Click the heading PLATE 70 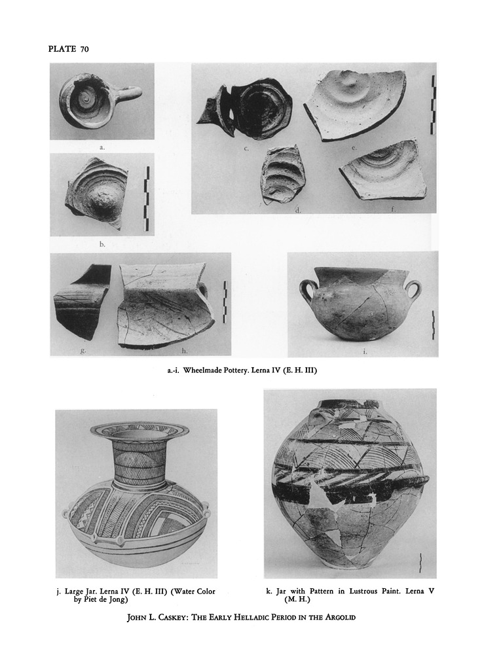pos(68,48)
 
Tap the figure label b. pos(102,245)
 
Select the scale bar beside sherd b pos(147,199)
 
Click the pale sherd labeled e pos(354,104)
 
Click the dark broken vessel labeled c pos(246,108)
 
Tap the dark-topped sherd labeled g pos(81,300)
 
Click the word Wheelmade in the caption pos(201,370)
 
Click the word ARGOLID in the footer pos(341,617)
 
